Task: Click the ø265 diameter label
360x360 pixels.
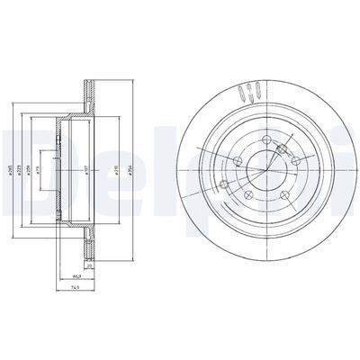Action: click(x=9, y=161)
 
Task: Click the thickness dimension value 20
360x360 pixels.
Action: click(x=90, y=267)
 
